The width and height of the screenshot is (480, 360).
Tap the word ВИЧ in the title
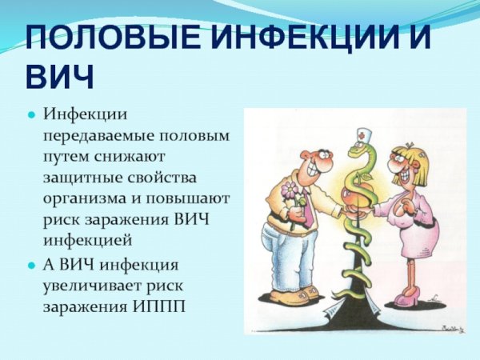60,77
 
